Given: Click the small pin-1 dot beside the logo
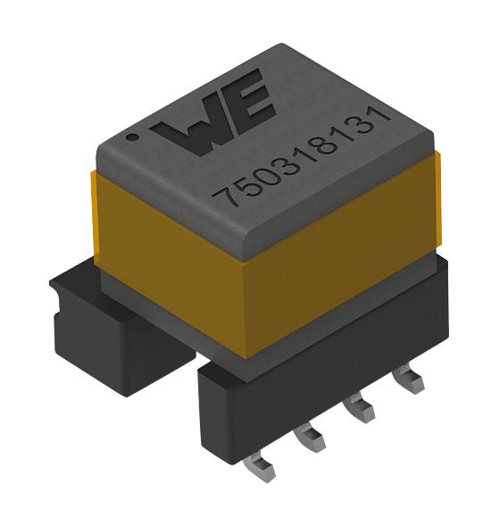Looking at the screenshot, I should (132, 138).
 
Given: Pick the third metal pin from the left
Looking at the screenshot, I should (360, 412).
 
